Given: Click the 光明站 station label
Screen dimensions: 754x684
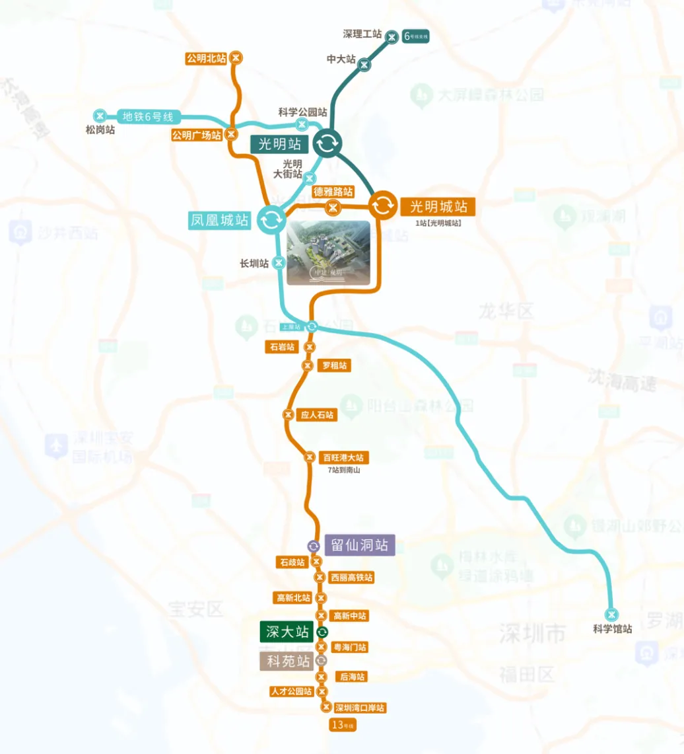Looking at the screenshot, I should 280,143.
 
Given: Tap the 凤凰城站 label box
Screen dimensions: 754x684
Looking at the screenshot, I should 221,220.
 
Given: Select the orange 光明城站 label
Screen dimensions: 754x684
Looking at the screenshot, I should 438,206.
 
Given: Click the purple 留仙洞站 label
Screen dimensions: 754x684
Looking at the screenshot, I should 359,545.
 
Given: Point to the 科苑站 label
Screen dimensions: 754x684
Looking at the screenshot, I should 287,661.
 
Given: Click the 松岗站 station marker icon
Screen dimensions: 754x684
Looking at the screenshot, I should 100,115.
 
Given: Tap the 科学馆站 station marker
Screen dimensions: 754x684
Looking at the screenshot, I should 612,613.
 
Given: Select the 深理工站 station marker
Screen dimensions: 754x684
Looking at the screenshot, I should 392,36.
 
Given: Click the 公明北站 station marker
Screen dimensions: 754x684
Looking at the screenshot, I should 236,58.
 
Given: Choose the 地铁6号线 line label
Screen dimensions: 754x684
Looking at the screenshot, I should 148,117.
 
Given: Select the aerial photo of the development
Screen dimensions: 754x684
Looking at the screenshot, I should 328,253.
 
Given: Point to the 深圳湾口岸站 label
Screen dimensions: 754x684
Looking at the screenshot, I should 360,708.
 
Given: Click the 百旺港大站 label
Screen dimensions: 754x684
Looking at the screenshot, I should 343,457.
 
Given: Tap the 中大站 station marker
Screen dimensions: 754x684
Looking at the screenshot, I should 364,64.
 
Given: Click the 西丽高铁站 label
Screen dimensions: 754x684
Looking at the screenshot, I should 352,578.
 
